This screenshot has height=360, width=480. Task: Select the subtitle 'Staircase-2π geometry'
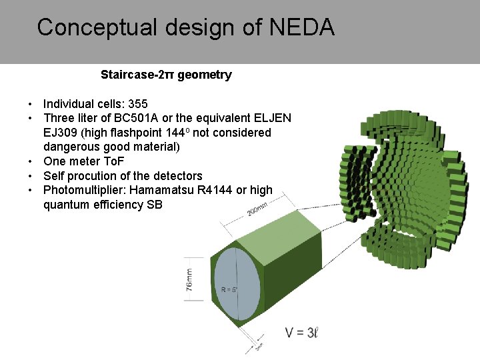(166, 75)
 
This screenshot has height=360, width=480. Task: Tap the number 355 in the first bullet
(138, 104)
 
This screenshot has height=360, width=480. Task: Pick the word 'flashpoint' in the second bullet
(139, 133)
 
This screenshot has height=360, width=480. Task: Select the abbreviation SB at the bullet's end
(154, 205)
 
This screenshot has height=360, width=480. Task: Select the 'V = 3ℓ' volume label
(301, 332)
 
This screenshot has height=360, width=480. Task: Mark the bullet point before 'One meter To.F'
(31, 161)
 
